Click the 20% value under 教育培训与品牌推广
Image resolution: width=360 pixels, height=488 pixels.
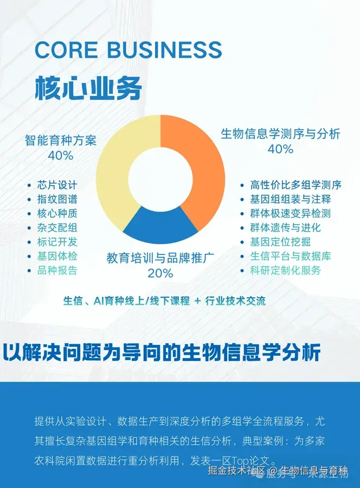point(160,273)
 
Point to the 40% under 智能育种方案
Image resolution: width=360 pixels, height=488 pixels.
point(60,156)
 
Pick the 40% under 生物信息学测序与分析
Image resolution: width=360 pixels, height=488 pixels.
point(280,149)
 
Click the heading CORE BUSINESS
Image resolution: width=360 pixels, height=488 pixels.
point(128,50)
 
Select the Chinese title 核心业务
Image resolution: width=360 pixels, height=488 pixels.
point(88,87)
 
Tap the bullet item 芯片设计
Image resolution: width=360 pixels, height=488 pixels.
point(57,185)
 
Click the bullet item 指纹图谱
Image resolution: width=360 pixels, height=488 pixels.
point(57,199)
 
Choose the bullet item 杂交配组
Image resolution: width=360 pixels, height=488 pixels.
point(57,228)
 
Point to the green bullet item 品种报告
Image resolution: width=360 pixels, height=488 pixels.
point(57,270)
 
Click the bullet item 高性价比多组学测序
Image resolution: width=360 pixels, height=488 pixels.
point(295,185)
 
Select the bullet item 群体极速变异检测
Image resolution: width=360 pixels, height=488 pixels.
point(290,213)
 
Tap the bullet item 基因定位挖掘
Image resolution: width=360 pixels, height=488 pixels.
point(280,242)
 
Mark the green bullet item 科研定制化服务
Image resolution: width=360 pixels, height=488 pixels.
point(285,270)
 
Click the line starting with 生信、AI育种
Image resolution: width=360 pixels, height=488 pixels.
point(164,301)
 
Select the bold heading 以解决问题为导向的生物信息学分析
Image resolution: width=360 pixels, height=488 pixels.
point(162,353)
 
